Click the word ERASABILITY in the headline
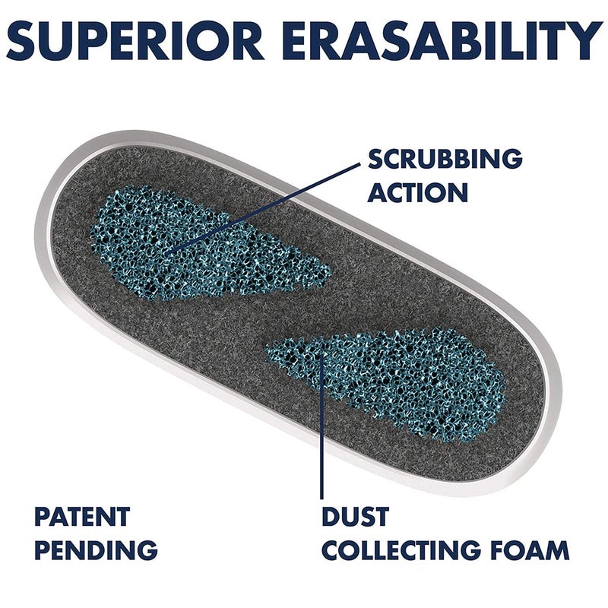click(x=443, y=40)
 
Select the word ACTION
click(x=417, y=192)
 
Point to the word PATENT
click(x=82, y=516)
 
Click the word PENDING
click(x=97, y=549)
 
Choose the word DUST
click(x=355, y=516)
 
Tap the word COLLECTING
click(x=401, y=549)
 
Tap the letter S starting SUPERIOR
click(x=23, y=41)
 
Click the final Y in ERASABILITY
click(x=584, y=40)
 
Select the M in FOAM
click(x=556, y=549)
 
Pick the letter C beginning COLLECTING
click(x=332, y=549)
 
